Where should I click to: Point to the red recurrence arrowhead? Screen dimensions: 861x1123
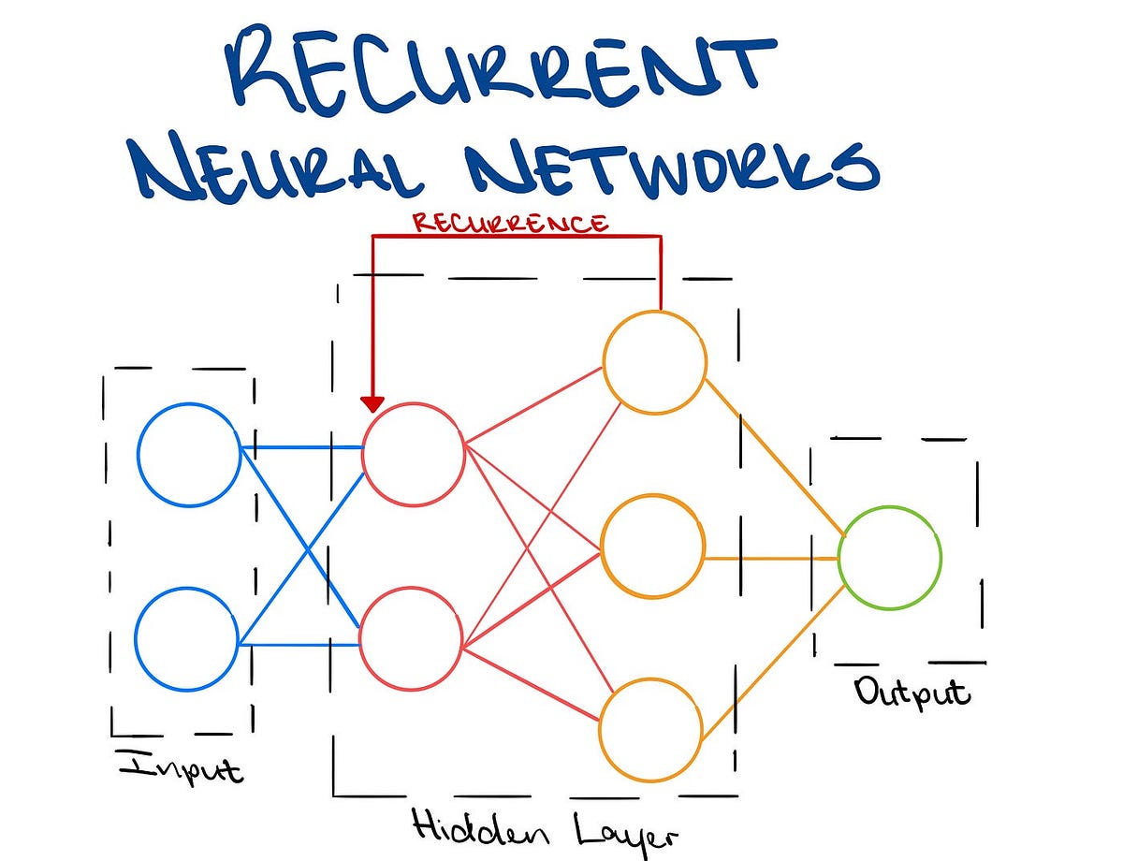(372, 403)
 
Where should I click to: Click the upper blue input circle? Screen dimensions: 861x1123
(189, 454)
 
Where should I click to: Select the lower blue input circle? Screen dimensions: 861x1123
(187, 638)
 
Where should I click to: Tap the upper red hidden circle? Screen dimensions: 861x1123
(414, 453)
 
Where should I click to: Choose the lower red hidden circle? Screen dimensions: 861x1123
(411, 637)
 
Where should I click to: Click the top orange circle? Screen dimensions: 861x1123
(655, 361)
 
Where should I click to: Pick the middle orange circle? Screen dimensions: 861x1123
(652, 546)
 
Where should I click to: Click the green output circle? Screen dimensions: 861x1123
(889, 558)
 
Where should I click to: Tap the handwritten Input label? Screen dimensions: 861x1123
(181, 766)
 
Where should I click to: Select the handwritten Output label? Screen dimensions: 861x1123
(912, 693)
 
